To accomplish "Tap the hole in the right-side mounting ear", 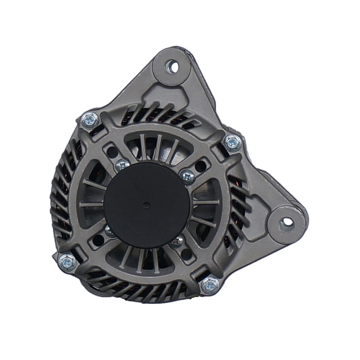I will tap(287, 222).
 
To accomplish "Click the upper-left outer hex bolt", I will tap(89, 120).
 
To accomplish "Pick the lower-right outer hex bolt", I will tap(210, 284).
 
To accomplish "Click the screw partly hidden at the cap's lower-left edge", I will tap(109, 231).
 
